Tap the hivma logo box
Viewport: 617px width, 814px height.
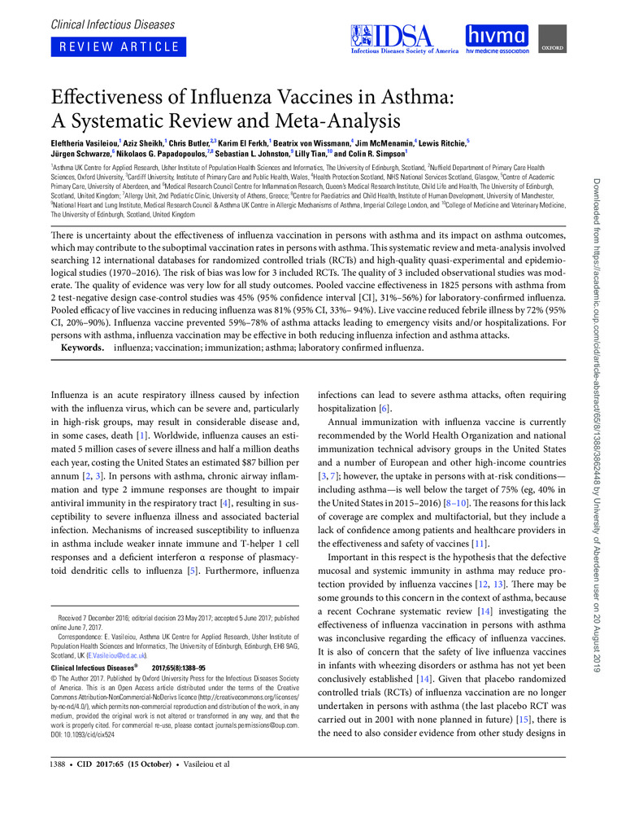coord(496,38)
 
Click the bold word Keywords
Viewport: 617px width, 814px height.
coord(84,348)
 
